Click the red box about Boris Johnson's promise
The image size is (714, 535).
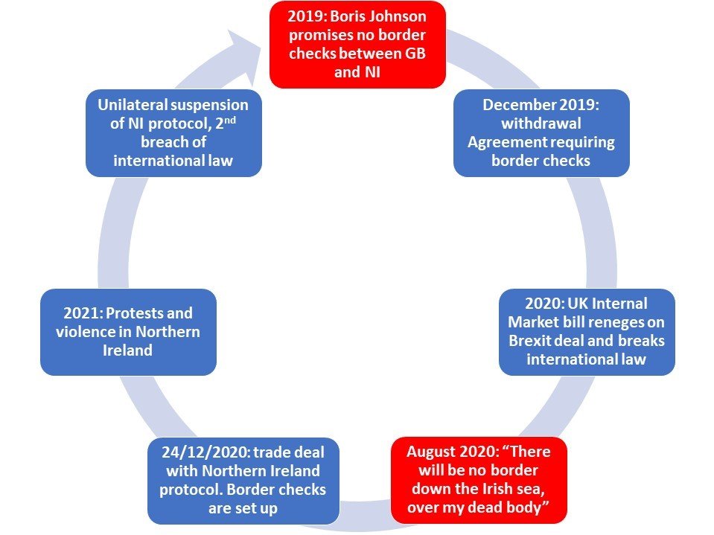pyautogui.click(x=357, y=45)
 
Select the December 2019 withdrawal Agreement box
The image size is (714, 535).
pyautogui.click(x=541, y=133)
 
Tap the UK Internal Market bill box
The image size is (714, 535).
pyautogui.click(x=587, y=332)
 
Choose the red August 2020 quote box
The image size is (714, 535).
pyautogui.click(x=479, y=480)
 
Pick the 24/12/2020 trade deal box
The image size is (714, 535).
pyautogui.click(x=243, y=481)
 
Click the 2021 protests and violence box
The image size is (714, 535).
pyautogui.click(x=128, y=332)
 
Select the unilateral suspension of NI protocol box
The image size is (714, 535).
pyautogui.click(x=173, y=133)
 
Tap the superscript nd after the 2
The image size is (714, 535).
pyautogui.click(x=230, y=121)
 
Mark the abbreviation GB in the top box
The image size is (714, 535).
pyautogui.click(x=415, y=54)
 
